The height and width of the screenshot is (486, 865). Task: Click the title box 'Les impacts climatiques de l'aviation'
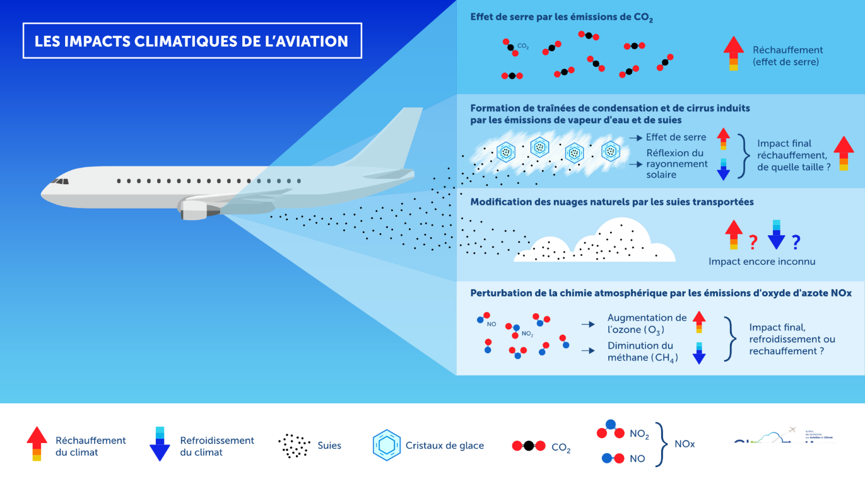pyautogui.click(x=192, y=41)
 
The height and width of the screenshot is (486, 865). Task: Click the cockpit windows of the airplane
pyautogui.click(x=61, y=182)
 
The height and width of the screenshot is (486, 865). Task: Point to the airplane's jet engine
pyautogui.click(x=201, y=207)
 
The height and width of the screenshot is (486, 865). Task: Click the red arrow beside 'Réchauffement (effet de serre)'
pyautogui.click(x=733, y=54)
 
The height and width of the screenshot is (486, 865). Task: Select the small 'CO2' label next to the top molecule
pyautogui.click(x=522, y=46)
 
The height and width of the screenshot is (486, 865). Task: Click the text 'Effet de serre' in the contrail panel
pyautogui.click(x=676, y=137)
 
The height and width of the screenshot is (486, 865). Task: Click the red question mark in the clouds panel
pyautogui.click(x=752, y=241)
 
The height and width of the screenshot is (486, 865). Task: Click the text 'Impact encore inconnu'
pyautogui.click(x=762, y=262)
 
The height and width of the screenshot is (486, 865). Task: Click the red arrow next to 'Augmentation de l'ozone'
pyautogui.click(x=698, y=321)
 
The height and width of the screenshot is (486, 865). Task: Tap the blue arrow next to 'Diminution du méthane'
pyautogui.click(x=698, y=353)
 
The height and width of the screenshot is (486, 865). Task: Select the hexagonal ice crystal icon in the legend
pyautogui.click(x=386, y=445)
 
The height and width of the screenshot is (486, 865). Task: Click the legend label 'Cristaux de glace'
pyautogui.click(x=445, y=446)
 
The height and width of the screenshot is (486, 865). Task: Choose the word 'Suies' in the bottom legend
pyautogui.click(x=329, y=446)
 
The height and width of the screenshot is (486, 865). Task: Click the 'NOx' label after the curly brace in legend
pyautogui.click(x=685, y=444)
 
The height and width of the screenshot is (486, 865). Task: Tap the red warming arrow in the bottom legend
pyautogui.click(x=37, y=444)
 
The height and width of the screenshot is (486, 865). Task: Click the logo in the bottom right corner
pyautogui.click(x=782, y=437)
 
